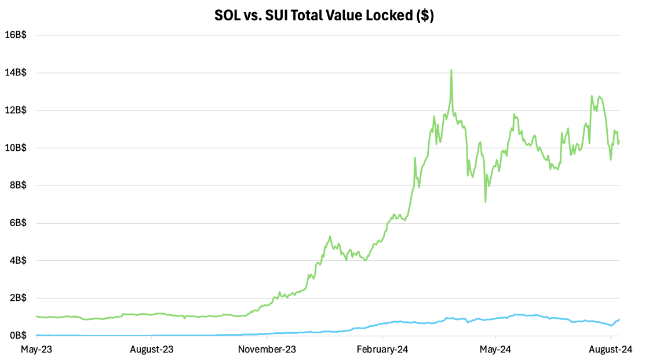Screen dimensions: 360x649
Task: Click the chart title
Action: [324, 16]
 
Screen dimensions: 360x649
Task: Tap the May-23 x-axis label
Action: [37, 350]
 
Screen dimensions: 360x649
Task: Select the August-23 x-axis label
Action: [152, 350]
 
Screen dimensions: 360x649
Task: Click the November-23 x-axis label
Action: [267, 350]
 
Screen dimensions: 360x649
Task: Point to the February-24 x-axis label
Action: [382, 350]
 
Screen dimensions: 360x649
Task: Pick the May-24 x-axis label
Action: [495, 350]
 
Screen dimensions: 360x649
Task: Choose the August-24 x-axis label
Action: [611, 350]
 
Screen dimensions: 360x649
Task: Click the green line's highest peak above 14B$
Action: [451, 70]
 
